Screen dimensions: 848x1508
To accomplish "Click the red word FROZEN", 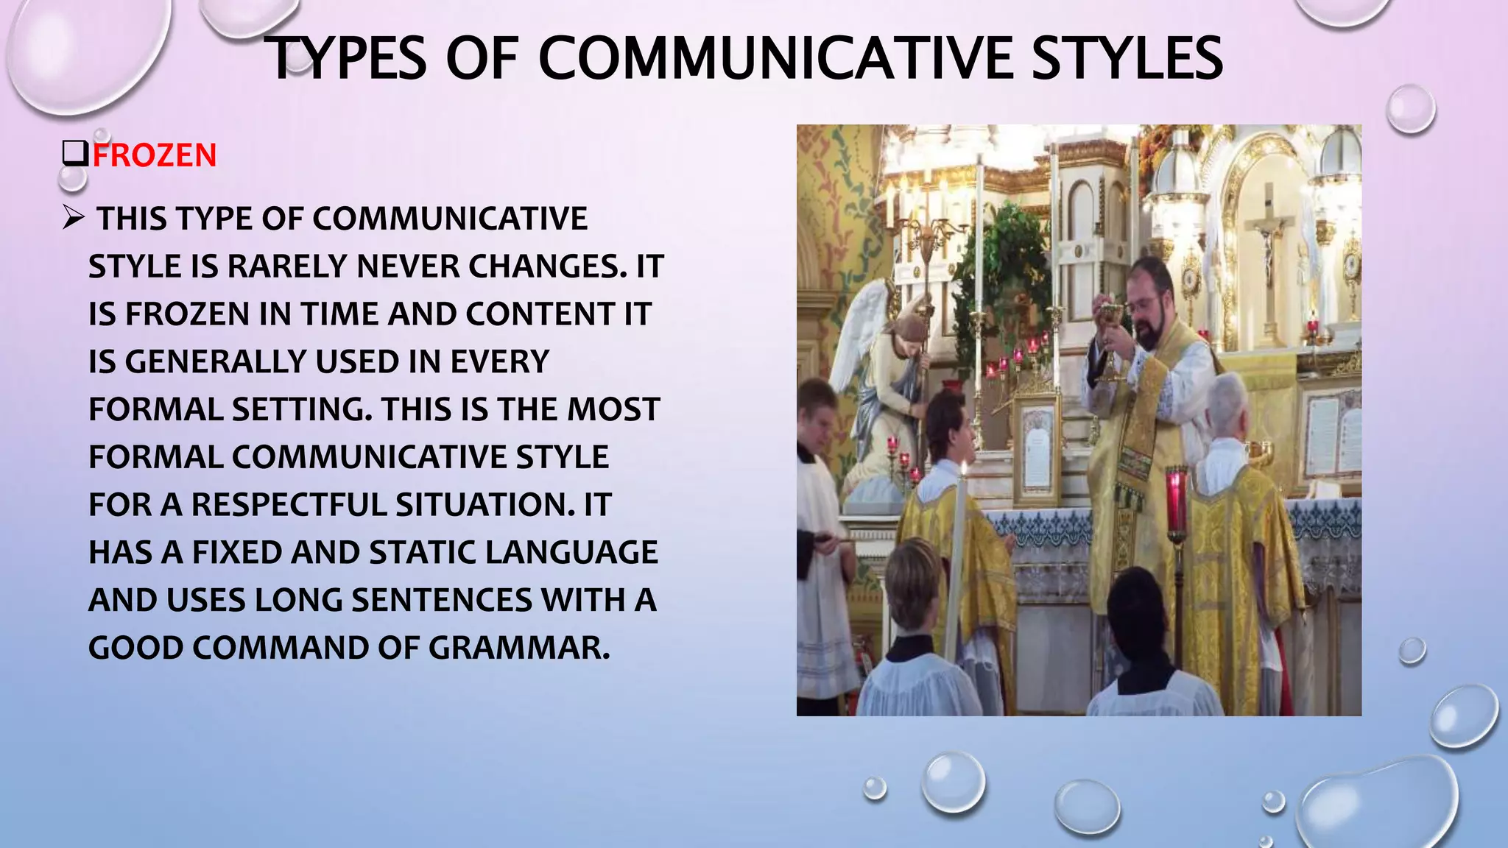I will pyautogui.click(x=155, y=156).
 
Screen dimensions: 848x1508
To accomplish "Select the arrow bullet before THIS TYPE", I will pyautogui.click(x=74, y=218).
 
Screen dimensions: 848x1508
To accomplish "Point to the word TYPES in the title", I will pyautogui.click(x=345, y=59).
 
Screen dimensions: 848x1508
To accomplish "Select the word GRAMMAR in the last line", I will pyautogui.click(x=519, y=648).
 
